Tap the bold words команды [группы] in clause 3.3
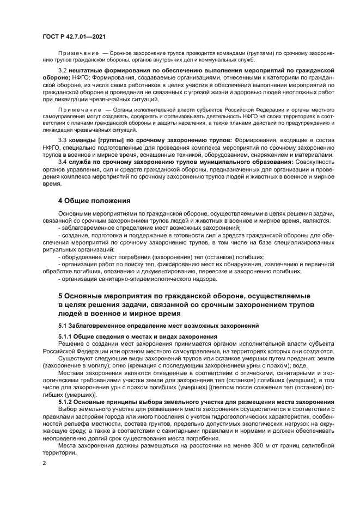click(97, 140)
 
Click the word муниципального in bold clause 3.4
click(229, 162)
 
